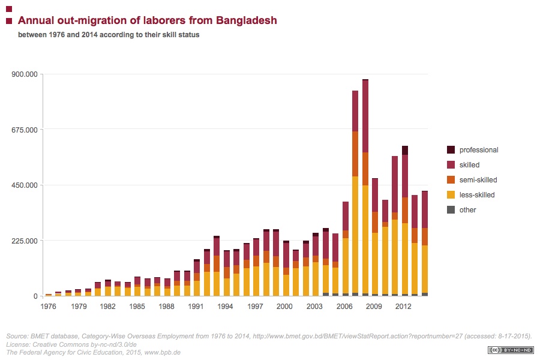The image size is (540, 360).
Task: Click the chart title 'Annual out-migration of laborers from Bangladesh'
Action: tap(147, 20)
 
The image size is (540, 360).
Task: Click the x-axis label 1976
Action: tap(49, 307)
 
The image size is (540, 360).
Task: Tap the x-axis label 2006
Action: tap(344, 307)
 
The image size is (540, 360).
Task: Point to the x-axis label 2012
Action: tap(403, 307)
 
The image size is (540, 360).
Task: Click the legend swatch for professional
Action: tap(451, 150)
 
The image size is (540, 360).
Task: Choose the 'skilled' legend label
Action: tap(469, 165)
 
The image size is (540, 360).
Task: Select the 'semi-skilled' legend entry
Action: tap(478, 180)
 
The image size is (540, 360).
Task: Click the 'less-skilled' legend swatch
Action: tap(451, 195)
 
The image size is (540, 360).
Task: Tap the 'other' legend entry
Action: tap(468, 210)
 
